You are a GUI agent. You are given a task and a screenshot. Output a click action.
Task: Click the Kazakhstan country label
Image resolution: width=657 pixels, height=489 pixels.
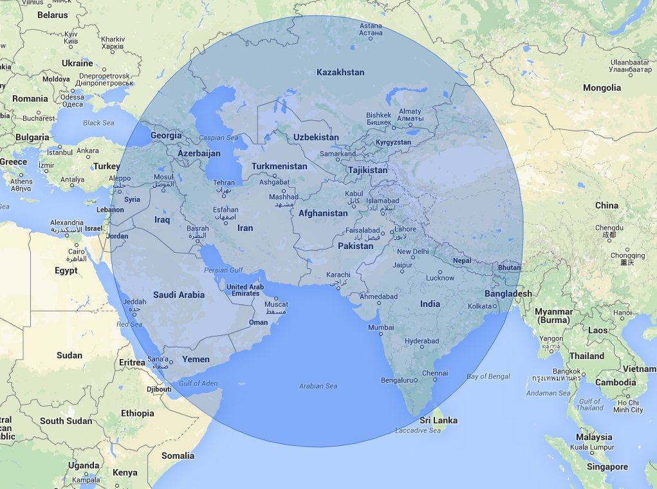tap(340, 72)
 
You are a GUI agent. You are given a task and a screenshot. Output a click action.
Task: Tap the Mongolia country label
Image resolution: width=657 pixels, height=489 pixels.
tap(602, 88)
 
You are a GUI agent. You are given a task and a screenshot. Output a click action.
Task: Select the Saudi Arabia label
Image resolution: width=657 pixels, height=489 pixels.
tap(178, 295)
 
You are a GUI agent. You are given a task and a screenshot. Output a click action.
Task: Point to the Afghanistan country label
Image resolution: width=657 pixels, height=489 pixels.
tap(323, 213)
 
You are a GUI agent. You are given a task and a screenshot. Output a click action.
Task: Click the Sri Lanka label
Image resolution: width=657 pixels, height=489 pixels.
tap(438, 420)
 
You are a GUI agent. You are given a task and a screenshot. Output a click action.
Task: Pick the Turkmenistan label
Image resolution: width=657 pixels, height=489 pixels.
tap(279, 166)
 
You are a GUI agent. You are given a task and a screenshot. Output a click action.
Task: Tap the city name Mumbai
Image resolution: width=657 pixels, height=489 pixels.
tap(381, 328)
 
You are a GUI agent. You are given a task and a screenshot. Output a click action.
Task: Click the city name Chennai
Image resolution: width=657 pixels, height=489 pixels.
tap(435, 373)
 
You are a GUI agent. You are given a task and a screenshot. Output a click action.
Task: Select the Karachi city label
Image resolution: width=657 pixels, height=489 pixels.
tap(338, 275)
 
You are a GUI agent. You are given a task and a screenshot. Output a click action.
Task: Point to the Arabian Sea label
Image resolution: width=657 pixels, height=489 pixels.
tap(318, 386)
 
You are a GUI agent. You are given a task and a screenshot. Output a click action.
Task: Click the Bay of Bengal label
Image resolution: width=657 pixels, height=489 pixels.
tap(488, 376)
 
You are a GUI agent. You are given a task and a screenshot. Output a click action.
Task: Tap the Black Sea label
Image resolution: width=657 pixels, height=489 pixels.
tap(98, 123)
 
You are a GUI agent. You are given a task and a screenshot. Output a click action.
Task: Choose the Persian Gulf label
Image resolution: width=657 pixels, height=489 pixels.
tap(224, 270)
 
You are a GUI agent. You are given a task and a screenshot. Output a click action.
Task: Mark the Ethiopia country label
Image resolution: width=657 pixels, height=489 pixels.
tap(137, 413)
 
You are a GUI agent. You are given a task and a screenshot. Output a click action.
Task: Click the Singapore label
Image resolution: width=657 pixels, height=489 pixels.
tap(607, 466)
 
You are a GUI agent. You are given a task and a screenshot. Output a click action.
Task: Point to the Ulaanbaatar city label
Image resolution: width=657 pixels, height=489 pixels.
tap(616, 62)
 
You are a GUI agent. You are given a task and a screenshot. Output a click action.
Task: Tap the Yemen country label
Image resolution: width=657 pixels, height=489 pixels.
tap(196, 359)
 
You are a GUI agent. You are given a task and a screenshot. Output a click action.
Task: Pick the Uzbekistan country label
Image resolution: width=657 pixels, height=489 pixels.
tap(316, 137)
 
